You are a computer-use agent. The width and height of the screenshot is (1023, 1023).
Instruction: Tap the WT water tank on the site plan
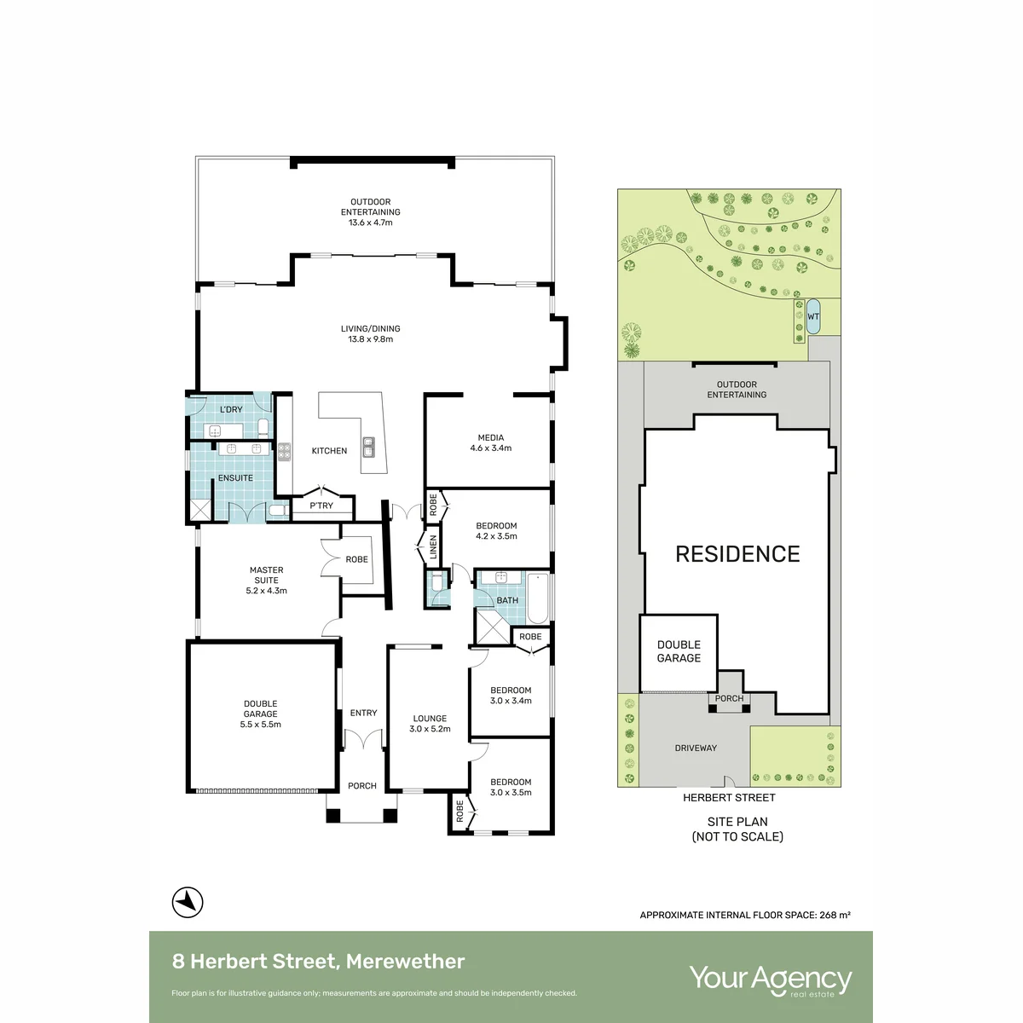pos(812,316)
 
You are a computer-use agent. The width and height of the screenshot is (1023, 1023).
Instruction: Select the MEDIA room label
pos(490,437)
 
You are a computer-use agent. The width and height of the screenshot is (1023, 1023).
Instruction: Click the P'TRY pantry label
pos(321,506)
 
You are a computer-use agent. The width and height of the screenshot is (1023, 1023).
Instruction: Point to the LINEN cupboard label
pos(433,546)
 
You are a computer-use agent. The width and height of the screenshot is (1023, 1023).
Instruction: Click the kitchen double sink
pos(368,447)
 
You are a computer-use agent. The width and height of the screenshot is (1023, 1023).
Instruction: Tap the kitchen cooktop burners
pos(285,451)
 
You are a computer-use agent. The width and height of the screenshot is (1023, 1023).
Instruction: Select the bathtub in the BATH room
pos(538,598)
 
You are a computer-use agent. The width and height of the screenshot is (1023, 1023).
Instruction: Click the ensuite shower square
pos(200,510)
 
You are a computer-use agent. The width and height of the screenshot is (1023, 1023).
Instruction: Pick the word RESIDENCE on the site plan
pos(737,554)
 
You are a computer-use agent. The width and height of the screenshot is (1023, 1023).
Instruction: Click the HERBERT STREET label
pos(729,797)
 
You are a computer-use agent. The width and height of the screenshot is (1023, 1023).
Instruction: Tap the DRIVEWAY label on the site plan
pos(696,748)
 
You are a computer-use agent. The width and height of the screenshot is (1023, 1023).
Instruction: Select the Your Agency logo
pos(771,980)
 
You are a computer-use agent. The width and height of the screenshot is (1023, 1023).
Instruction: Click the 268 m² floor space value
pos(835,915)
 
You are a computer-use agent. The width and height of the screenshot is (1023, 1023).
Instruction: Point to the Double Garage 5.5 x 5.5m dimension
pos(260,724)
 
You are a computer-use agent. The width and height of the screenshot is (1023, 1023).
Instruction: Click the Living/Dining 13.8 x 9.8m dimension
pos(371,339)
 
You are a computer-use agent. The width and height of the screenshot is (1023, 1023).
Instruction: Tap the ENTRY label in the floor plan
pos(364,713)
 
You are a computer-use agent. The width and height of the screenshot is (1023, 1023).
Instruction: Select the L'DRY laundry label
pos(231,409)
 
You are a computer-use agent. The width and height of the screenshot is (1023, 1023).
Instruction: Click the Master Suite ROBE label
pos(356,559)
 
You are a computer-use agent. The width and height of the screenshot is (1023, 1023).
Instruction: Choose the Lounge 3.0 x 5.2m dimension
pos(430,729)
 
